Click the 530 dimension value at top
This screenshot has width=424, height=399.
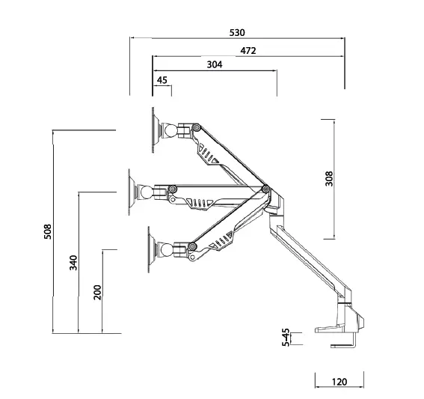coord(237,33)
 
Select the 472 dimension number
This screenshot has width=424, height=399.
coord(248,50)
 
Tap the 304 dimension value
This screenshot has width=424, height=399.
coord(214,65)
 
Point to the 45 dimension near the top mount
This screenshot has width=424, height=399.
coord(162,80)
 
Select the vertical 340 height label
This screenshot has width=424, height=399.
coord(73,263)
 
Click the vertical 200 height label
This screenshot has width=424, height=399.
coord(97,292)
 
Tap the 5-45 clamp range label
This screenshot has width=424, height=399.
coord(286,338)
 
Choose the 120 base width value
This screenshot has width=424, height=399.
coord(339,382)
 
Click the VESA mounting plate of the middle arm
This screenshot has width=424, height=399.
coord(132,191)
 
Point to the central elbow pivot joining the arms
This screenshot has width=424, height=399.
coord(265,190)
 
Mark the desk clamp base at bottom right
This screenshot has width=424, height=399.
coord(340,325)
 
